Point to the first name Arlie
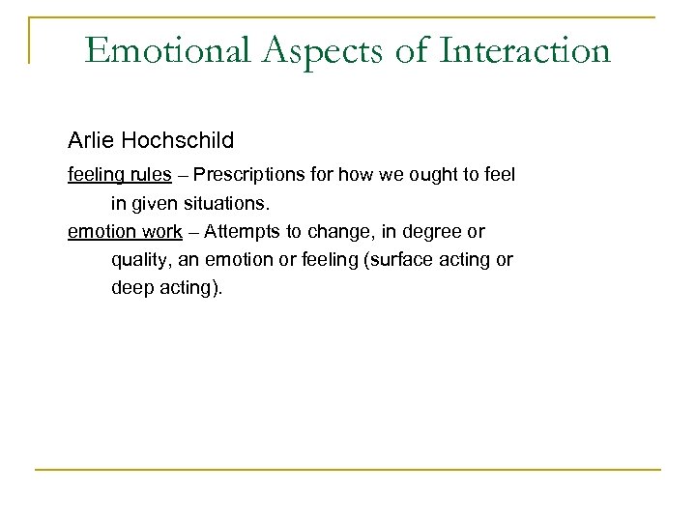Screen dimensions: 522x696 (90, 140)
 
